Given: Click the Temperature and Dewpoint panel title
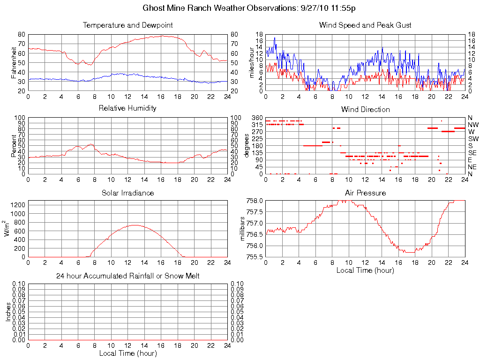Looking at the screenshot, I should click(127, 25).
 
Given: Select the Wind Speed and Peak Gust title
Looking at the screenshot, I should click(365, 25).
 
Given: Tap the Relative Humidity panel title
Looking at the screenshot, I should click(127, 108).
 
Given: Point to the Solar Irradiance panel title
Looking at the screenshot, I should click(127, 193).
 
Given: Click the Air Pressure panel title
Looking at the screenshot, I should click(365, 193).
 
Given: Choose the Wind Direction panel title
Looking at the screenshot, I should click(365, 109).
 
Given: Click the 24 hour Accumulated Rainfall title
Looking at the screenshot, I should click(127, 276).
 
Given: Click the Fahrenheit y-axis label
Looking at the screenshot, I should click(14, 62).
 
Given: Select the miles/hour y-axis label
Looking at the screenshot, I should click(251, 62).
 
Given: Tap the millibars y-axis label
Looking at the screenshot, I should click(242, 229).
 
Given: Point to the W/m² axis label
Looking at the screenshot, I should click(7, 229).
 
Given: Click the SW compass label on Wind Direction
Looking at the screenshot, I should click(472, 139).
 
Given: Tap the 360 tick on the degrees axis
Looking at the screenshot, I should click(258, 117).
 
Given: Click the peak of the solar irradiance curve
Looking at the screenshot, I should click(135, 225).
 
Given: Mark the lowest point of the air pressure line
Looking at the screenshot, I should click(409, 252).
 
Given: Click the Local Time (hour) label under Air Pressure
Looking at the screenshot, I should click(365, 270).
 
